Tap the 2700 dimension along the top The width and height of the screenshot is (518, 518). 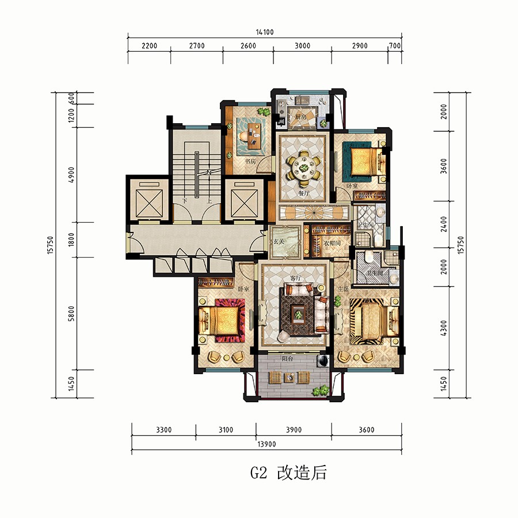196,46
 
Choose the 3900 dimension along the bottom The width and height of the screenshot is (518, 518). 294,430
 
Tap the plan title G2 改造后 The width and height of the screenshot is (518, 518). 288,473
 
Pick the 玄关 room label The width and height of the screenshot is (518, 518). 279,242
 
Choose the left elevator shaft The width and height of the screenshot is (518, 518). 147,199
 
